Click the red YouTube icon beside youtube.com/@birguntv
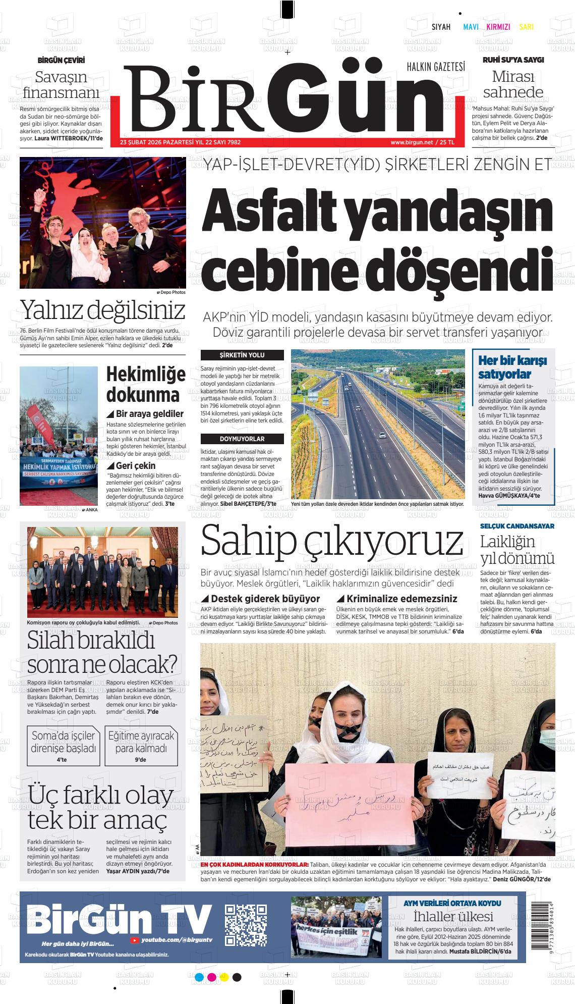[x=135, y=940]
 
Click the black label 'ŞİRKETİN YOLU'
[x=242, y=355]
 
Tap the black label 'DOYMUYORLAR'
[x=242, y=439]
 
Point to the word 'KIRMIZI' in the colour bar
[x=498, y=27]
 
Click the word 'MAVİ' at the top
[x=471, y=27]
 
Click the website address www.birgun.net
[x=412, y=142]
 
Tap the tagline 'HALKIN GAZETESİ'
[x=436, y=66]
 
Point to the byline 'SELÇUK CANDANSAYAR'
[x=517, y=526]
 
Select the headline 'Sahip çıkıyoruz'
[x=331, y=541]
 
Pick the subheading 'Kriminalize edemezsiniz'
[x=401, y=599]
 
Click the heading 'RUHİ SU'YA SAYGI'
[x=513, y=60]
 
